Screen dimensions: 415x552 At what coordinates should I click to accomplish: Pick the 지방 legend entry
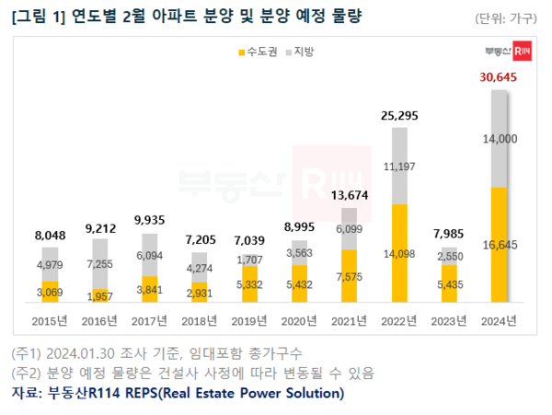pyautogui.click(x=301, y=54)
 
